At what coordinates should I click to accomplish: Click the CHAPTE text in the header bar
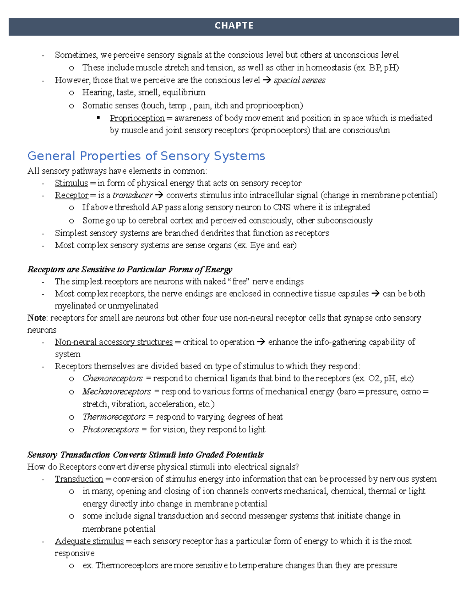(234, 26)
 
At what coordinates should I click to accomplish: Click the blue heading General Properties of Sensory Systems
(146, 156)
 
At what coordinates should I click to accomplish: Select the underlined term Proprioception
(137, 118)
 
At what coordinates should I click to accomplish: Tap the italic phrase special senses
(300, 80)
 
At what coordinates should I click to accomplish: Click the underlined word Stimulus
(71, 183)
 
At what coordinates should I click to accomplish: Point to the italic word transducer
(133, 195)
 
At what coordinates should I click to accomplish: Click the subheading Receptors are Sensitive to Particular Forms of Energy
(130, 270)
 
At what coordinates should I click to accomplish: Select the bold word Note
(37, 318)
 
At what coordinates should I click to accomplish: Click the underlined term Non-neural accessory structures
(113, 342)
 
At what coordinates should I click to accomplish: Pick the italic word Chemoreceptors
(112, 378)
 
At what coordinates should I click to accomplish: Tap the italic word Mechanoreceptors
(116, 392)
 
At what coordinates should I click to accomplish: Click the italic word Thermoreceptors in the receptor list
(113, 417)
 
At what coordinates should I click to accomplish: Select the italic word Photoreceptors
(110, 429)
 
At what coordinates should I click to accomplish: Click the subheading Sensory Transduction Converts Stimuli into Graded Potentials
(145, 455)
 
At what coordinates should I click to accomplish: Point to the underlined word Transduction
(79, 479)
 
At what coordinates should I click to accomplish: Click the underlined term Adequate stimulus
(89, 541)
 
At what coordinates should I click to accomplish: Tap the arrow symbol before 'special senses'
(267, 80)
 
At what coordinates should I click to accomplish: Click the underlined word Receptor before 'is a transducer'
(71, 195)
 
